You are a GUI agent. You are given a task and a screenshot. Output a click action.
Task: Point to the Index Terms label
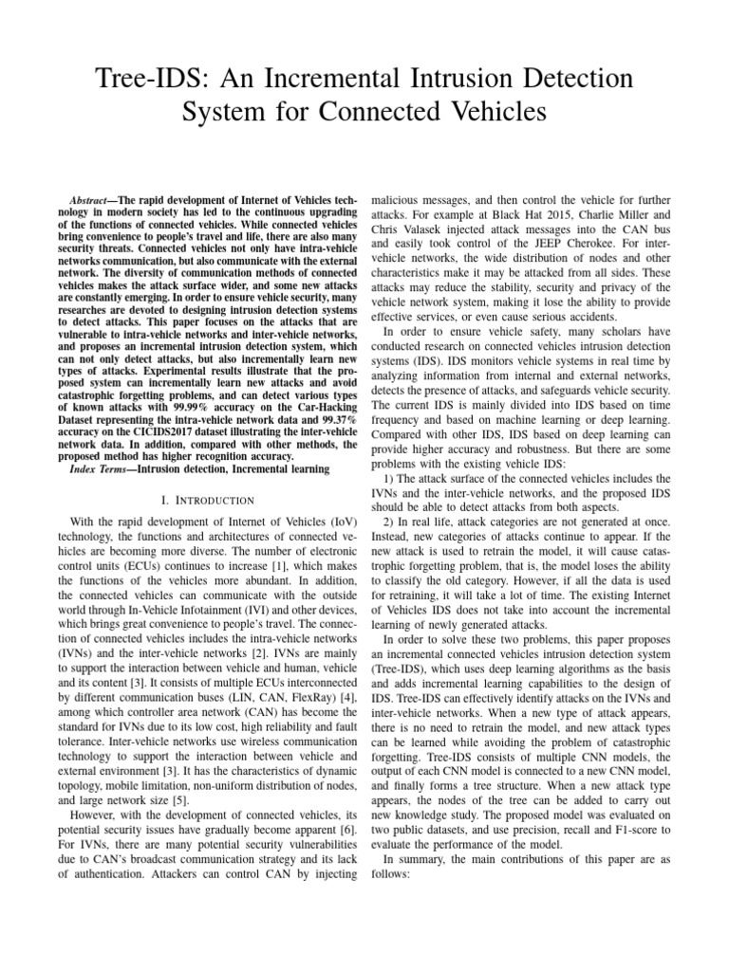[105, 468]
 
